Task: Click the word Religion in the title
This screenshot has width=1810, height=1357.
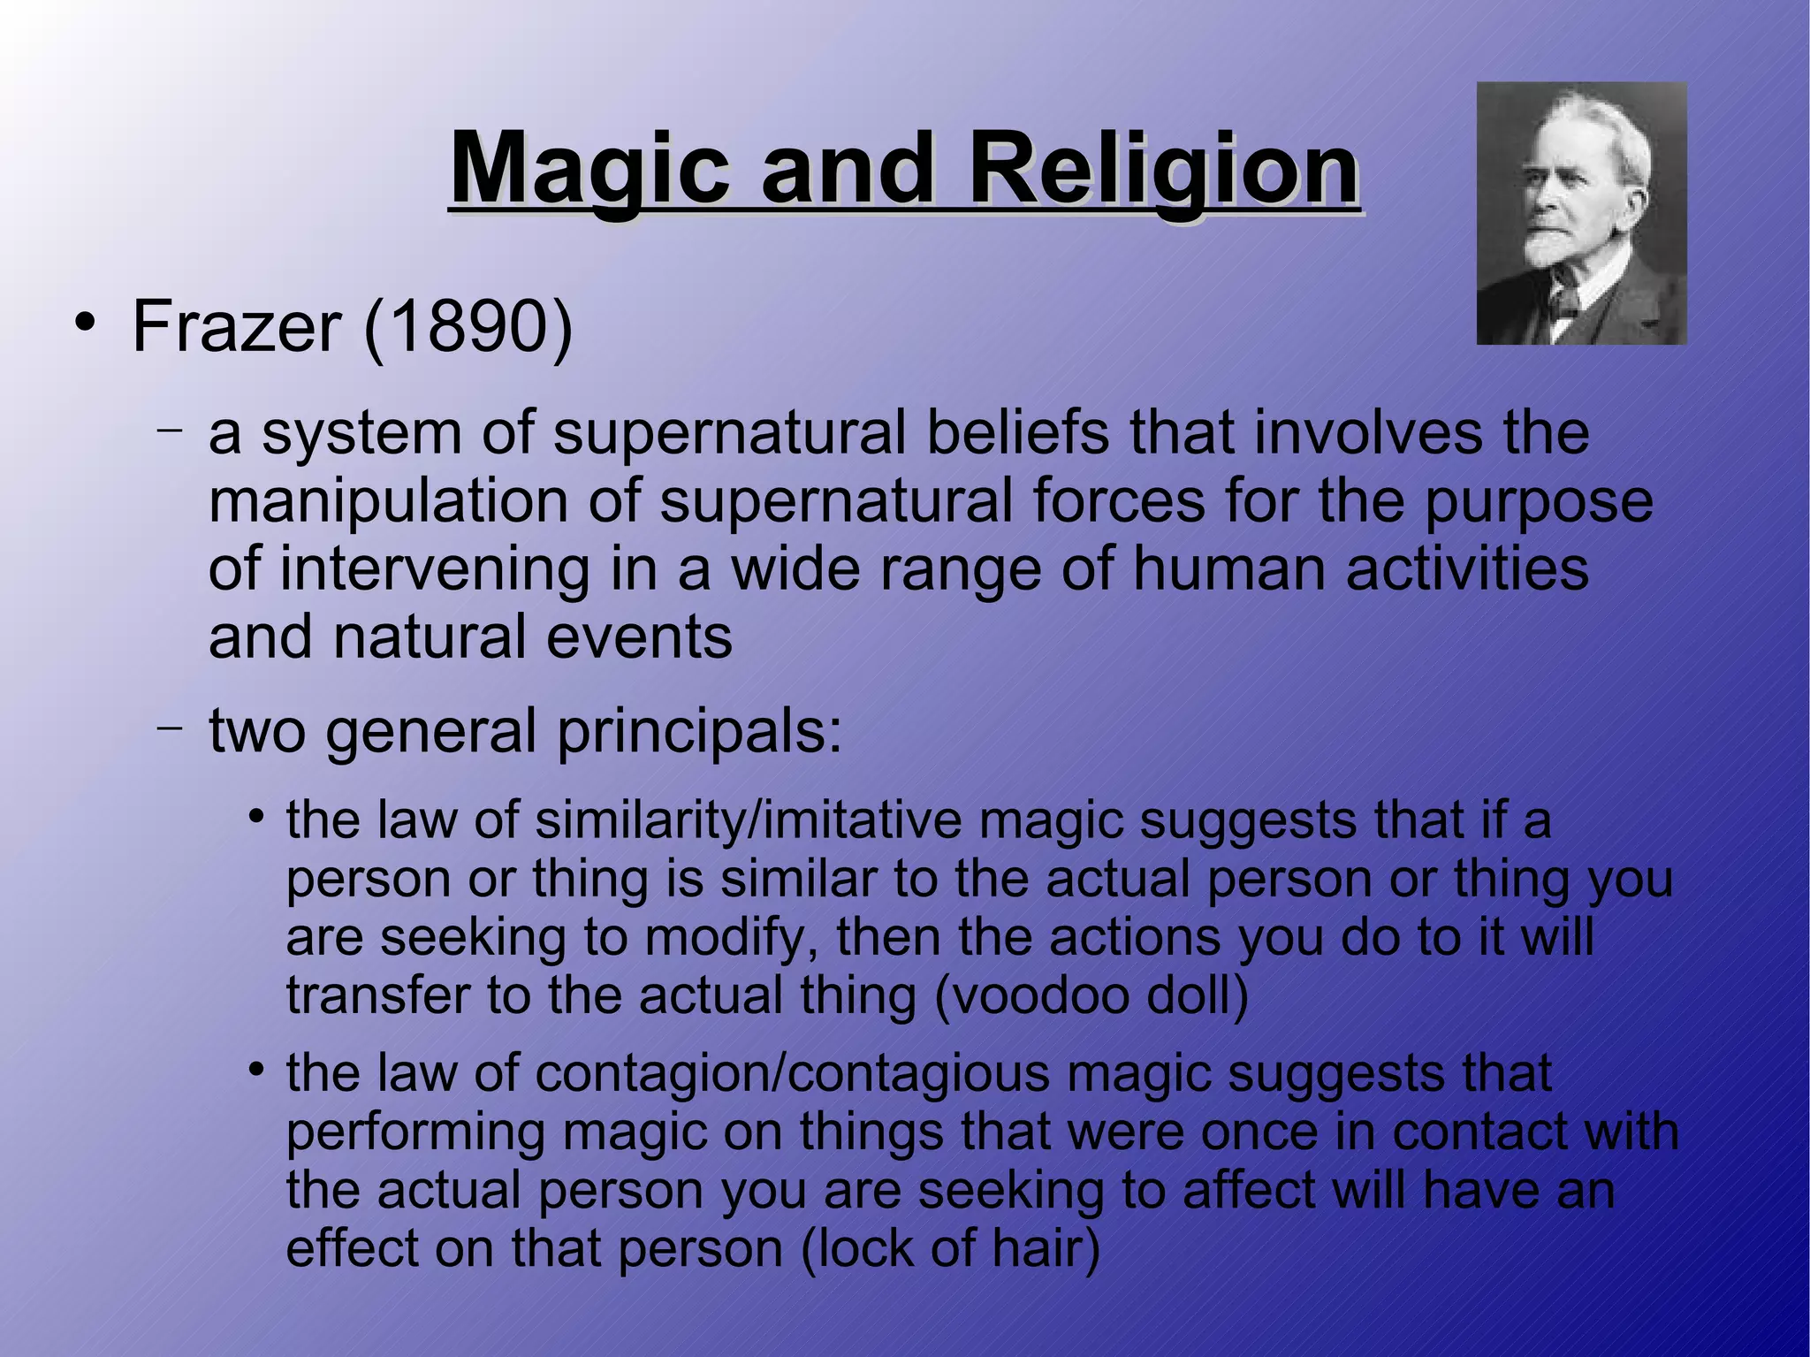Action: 1163,168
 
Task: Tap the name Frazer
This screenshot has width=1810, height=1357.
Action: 236,327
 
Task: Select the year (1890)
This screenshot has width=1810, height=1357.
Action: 468,327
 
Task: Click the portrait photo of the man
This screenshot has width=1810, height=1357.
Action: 1581,213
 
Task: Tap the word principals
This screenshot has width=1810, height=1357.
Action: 699,732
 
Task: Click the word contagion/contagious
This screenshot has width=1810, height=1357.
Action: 792,1073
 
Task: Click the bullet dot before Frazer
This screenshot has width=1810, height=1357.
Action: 85,322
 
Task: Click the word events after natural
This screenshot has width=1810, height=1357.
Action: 639,637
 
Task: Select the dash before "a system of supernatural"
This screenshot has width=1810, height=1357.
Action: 170,431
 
